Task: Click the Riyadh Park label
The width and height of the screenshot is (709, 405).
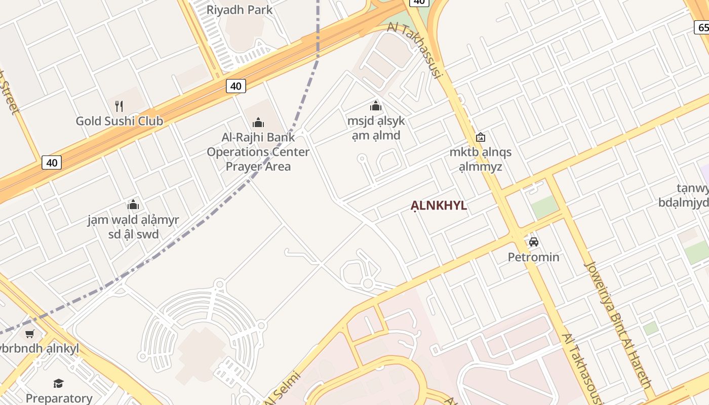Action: [x=240, y=10]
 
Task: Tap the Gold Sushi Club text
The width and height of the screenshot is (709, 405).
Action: [x=120, y=121]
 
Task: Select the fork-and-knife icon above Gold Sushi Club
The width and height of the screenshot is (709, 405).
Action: [x=119, y=106]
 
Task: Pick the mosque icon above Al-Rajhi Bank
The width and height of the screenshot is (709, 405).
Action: [x=258, y=123]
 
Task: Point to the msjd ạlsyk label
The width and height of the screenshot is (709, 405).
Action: [x=376, y=128]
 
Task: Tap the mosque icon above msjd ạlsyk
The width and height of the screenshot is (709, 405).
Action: [x=376, y=106]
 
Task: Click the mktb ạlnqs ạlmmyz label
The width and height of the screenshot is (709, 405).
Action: [x=481, y=159]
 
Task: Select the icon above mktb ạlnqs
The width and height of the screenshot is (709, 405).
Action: [x=481, y=137]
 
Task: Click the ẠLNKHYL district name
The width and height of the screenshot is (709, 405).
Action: [x=439, y=206]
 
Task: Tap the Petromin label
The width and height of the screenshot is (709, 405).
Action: [x=533, y=257]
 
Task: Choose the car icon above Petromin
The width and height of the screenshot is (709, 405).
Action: [x=533, y=242]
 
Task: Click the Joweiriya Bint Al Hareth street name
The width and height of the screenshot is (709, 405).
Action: [x=618, y=324]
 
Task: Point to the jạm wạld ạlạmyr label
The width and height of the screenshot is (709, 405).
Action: [x=133, y=227]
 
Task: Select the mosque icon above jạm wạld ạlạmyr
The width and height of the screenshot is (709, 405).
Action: [x=133, y=205]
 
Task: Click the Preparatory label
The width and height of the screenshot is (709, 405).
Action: [x=59, y=398]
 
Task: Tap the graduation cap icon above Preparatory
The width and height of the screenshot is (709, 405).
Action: [x=59, y=383]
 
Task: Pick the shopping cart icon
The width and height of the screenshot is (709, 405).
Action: [x=30, y=334]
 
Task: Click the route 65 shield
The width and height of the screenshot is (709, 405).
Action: [x=701, y=27]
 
